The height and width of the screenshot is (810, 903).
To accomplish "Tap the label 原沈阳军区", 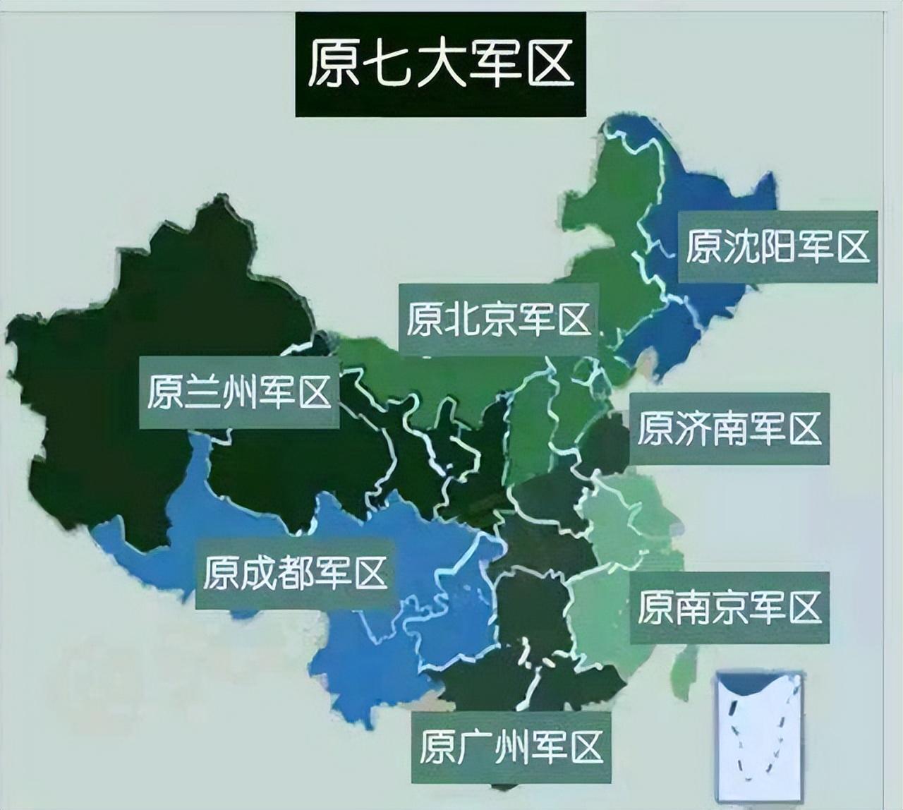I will click(777, 247).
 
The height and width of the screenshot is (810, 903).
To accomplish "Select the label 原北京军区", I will click(498, 320).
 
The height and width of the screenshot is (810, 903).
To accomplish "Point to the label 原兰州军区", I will click(239, 392).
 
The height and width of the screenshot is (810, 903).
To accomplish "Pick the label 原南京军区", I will click(729, 607).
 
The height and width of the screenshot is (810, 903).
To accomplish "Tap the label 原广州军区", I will click(511, 746).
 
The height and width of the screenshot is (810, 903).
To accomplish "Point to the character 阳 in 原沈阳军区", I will click(777, 247).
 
